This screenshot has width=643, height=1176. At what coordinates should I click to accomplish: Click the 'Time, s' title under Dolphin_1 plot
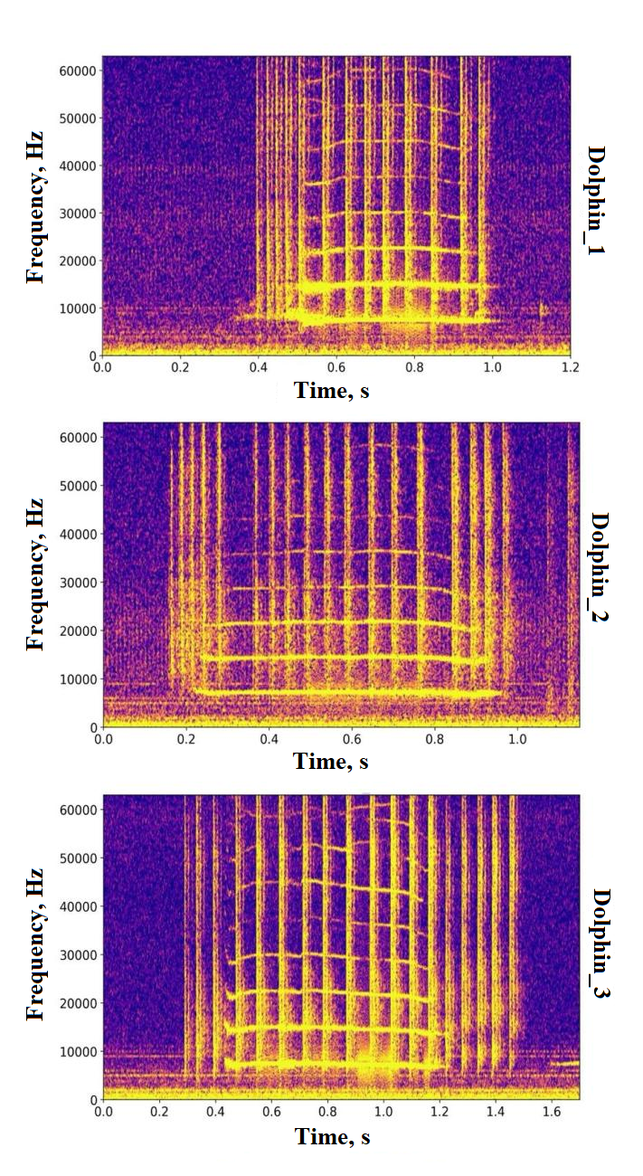point(331,391)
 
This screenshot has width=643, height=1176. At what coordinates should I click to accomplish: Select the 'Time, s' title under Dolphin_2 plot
point(331,762)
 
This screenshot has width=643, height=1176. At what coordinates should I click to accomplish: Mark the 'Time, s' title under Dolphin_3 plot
point(331,1136)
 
